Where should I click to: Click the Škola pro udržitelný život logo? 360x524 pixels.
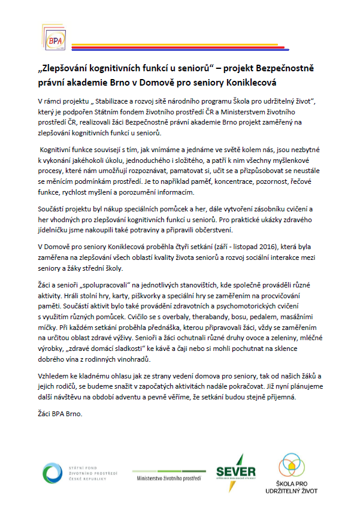[x=290, y=474]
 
